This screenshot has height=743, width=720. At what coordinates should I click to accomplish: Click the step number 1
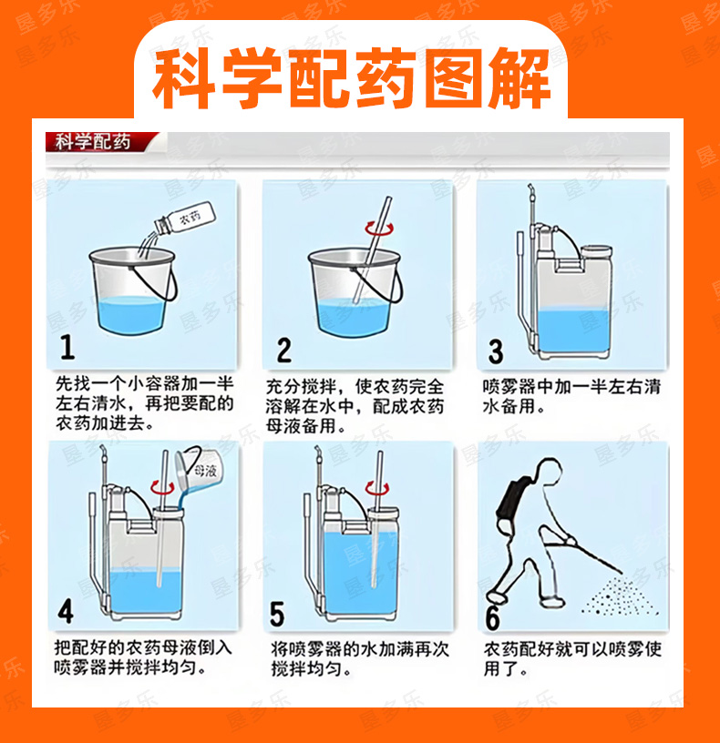(67, 347)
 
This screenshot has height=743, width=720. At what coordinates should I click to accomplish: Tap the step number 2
(283, 350)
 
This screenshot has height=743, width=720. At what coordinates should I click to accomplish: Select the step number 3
(496, 351)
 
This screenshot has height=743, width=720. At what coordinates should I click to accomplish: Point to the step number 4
(66, 611)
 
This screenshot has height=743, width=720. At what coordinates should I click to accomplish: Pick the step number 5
(277, 614)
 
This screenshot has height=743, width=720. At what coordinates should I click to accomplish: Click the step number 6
(492, 617)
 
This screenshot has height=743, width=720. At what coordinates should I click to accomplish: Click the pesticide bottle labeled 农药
(185, 219)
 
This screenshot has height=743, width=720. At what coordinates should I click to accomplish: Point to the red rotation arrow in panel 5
(377, 488)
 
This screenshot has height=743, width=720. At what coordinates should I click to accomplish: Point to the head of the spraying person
(549, 472)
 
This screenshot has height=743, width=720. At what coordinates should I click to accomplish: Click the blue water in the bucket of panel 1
(130, 312)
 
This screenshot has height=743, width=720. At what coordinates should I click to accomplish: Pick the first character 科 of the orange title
(181, 77)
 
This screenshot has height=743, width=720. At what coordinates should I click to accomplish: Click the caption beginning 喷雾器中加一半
(571, 396)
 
